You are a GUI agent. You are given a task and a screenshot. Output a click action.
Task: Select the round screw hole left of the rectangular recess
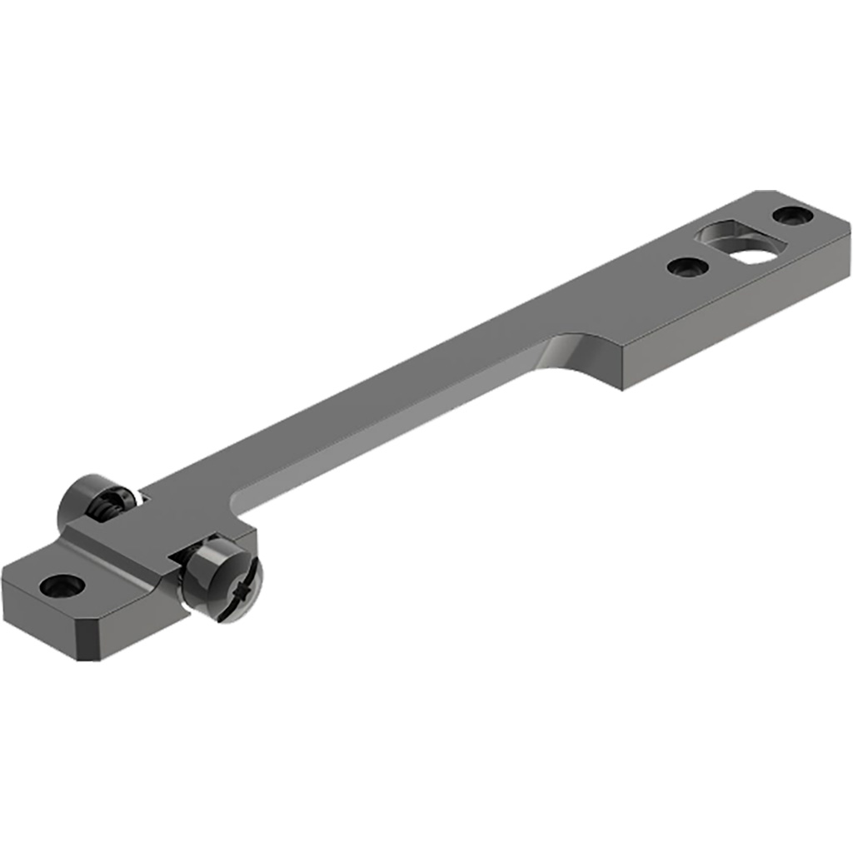tap(688, 267)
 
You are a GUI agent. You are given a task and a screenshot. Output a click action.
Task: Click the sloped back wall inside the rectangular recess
tap(725, 231)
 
